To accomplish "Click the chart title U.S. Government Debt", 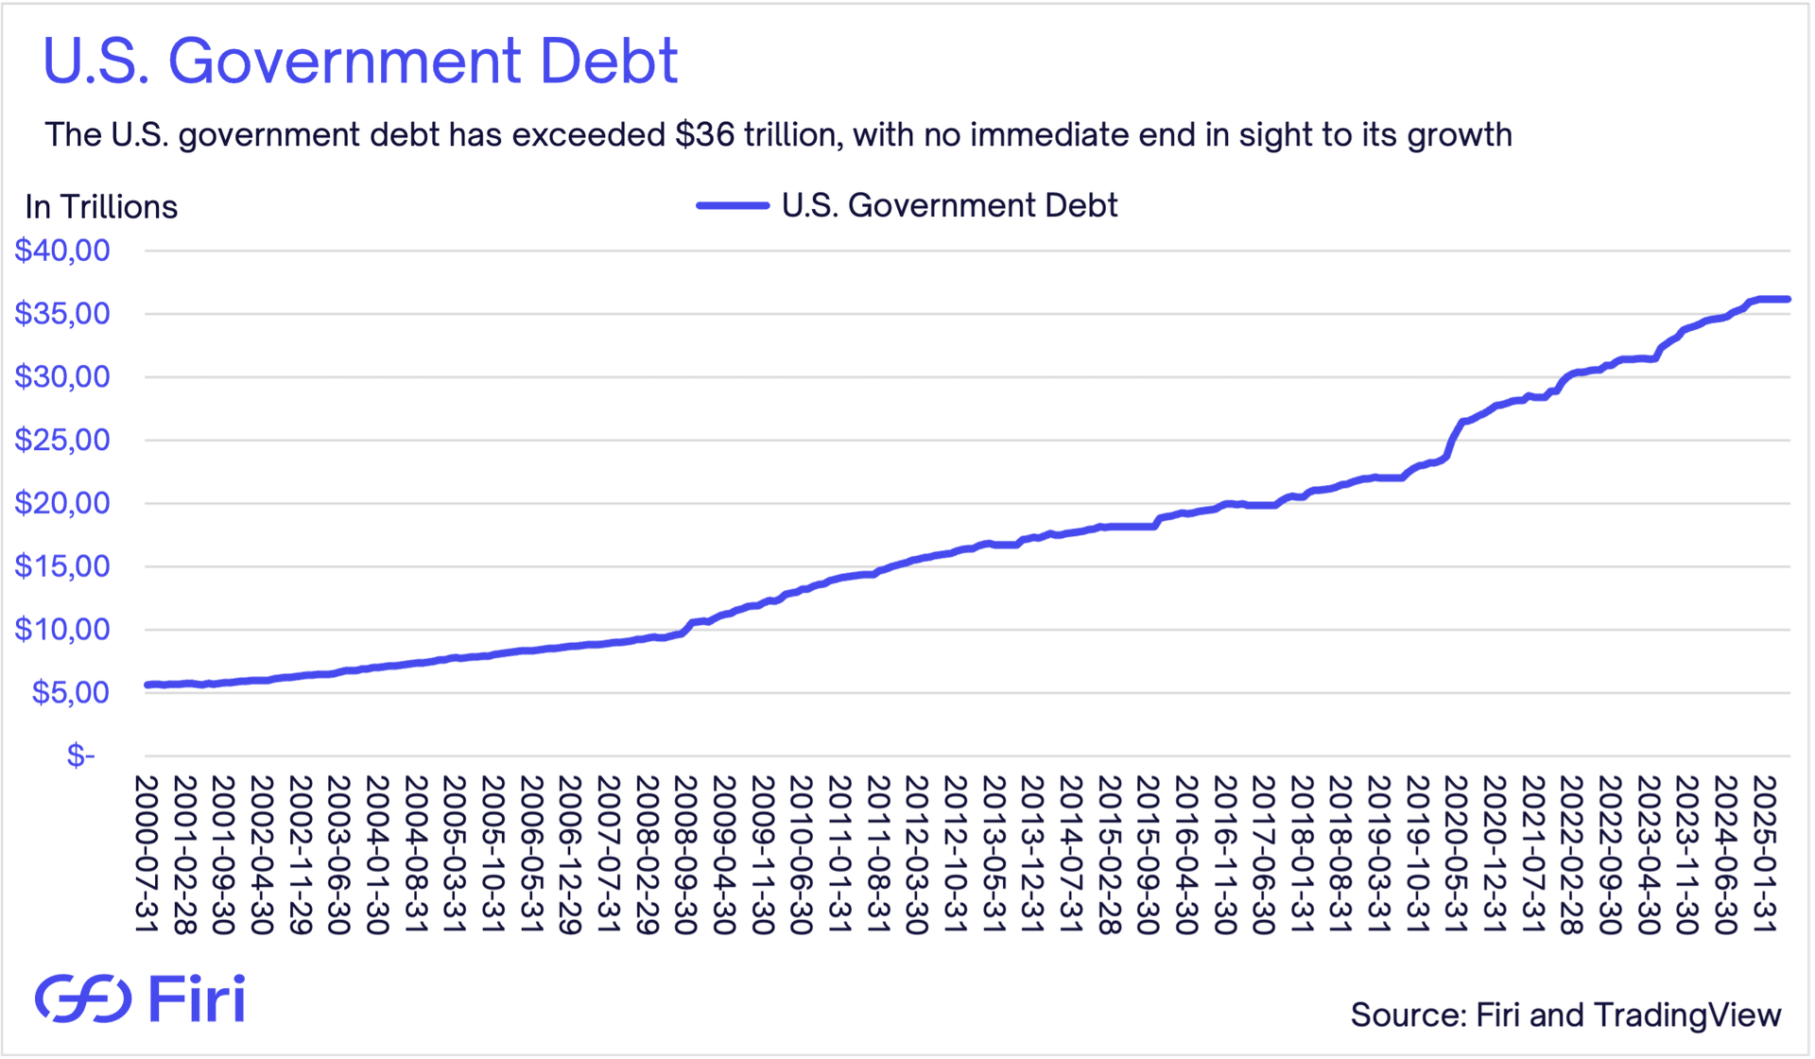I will click(x=360, y=61).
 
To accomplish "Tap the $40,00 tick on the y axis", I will click(x=62, y=251).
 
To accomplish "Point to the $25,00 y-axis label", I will click(x=62, y=440).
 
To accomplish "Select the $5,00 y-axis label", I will click(x=71, y=692).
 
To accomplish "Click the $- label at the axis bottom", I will click(x=81, y=755).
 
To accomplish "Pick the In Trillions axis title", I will click(x=101, y=207).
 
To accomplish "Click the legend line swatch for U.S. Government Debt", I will click(x=733, y=205).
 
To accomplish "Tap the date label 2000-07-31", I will click(x=146, y=855).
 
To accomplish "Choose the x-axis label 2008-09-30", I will click(x=685, y=855).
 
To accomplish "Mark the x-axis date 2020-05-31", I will click(x=1456, y=855).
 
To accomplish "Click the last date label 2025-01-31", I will click(x=1764, y=855).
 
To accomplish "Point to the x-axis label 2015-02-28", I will click(x=1109, y=855).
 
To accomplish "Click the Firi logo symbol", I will click(x=83, y=998).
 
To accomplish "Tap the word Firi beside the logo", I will click(x=198, y=998).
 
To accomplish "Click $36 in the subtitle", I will click(x=705, y=134).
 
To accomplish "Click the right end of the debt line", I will click(x=1787, y=300).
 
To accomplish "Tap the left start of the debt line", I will click(x=147, y=685).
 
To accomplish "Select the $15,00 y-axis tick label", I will click(x=62, y=566).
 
